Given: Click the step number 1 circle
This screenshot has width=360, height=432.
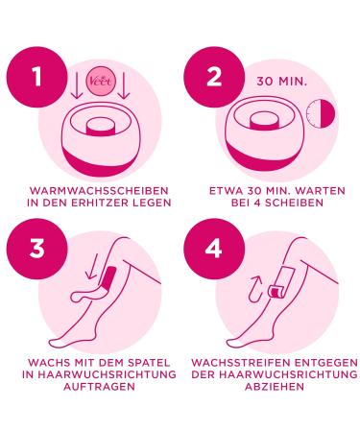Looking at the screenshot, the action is [x=37, y=78].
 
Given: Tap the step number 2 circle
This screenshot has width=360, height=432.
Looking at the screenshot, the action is [x=214, y=78].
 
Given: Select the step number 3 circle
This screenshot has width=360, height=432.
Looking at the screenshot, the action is [x=37, y=250].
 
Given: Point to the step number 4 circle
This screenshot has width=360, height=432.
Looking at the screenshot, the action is [x=214, y=250].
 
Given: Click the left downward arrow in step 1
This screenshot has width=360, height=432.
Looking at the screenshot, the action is [x=77, y=85].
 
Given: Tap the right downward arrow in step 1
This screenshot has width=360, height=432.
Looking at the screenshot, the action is [x=124, y=85].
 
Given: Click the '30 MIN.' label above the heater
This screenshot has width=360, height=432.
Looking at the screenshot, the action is [x=281, y=82].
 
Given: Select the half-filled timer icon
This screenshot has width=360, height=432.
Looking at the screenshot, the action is [x=321, y=113].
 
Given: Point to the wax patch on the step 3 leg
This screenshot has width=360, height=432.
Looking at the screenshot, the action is [x=108, y=276].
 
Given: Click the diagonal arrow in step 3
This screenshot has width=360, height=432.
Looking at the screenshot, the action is [x=92, y=266].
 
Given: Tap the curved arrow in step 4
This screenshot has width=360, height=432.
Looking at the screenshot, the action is [x=255, y=289].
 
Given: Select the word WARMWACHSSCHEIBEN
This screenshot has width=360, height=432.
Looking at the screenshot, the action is [x=99, y=191].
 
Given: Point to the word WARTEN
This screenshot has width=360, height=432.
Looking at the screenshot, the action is [x=320, y=191].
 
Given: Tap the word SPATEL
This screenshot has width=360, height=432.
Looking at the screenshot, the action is [x=149, y=363].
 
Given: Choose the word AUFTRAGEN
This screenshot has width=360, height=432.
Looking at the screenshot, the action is [x=99, y=386].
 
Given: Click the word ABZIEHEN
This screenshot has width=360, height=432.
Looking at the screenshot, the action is [x=275, y=386].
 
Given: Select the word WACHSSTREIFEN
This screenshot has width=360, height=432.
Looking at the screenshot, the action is [x=241, y=363].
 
